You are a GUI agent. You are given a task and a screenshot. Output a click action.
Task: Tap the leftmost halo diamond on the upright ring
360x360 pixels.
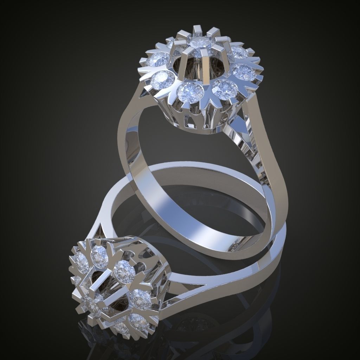(x=158, y=59)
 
